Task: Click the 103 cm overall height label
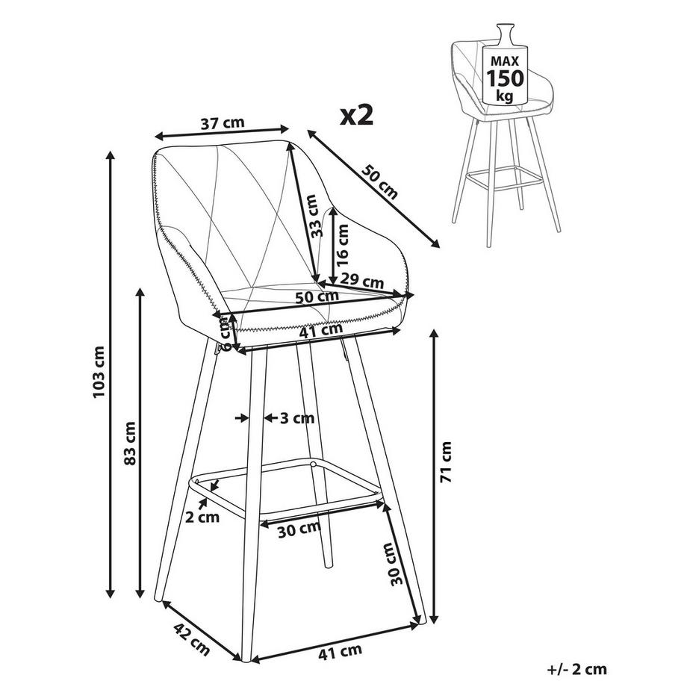(99, 372)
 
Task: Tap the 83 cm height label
(130, 443)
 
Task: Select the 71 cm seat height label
(446, 461)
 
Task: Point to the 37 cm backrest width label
(223, 123)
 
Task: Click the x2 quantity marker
(357, 115)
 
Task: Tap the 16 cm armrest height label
(342, 245)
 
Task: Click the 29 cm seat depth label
(362, 281)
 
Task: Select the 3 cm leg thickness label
(297, 418)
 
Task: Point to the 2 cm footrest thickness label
(202, 517)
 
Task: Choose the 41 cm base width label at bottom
(340, 652)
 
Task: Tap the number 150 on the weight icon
(505, 78)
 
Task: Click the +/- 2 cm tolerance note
(577, 669)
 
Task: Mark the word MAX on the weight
(505, 60)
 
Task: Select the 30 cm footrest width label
(299, 529)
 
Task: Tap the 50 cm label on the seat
(317, 297)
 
